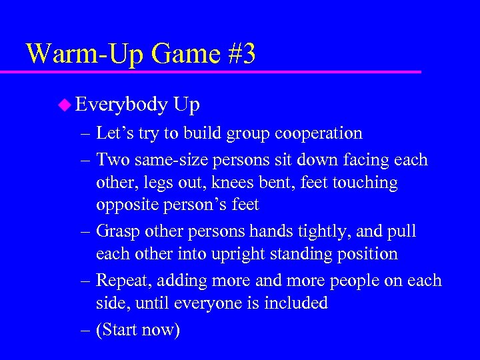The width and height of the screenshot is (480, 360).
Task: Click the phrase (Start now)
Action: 138,329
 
